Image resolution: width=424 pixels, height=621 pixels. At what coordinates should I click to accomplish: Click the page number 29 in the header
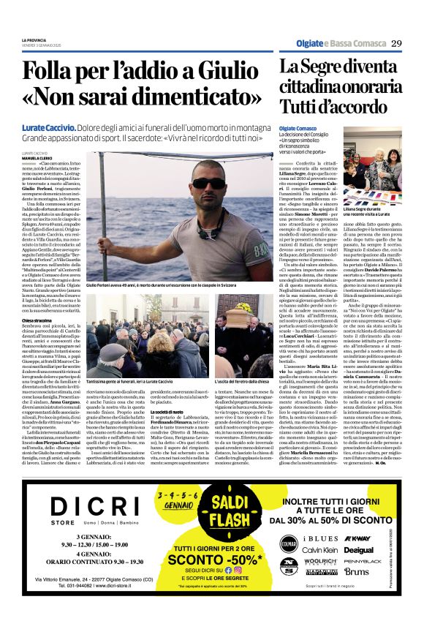pos(397,44)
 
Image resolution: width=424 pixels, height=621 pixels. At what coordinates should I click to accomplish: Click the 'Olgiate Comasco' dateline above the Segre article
pos(298,128)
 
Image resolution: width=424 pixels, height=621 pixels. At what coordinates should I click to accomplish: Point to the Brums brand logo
pos(357,571)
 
